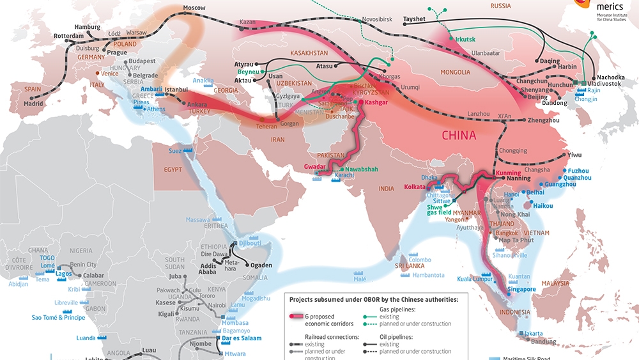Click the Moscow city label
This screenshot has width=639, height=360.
[194, 8]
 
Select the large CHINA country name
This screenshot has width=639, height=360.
[459, 136]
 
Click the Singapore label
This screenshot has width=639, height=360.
[521, 289]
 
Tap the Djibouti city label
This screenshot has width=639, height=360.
[250, 243]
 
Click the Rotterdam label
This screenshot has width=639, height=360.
[68, 36]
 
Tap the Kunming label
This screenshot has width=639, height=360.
[509, 173]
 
